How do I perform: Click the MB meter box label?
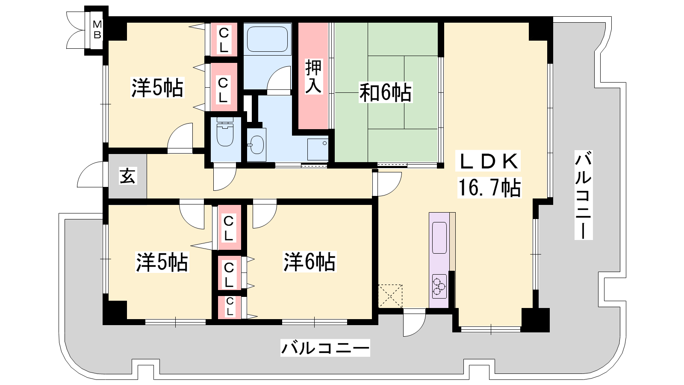point(97,30)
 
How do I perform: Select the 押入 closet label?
point(313,77)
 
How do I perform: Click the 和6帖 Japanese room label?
point(385,92)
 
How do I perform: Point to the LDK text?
point(488,161)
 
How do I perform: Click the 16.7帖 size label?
point(489,187)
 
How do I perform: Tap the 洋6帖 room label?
point(310,261)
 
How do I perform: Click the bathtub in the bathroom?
point(267,39)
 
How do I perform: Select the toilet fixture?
point(225,132)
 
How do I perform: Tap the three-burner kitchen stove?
point(439,286)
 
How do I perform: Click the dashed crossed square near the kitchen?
point(390,296)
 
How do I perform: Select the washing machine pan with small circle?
point(318,149)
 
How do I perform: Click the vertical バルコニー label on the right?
point(583,195)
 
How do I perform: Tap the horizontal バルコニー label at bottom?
point(325,348)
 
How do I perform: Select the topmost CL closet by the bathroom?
point(224,39)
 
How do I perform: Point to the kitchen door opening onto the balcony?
point(414,324)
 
